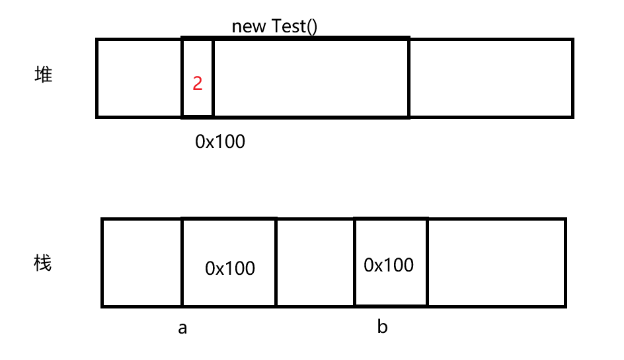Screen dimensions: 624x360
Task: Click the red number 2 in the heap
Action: [198, 84]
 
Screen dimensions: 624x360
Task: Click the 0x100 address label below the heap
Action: [219, 141]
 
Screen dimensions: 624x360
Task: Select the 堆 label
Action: [43, 75]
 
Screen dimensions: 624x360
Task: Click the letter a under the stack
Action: [182, 328]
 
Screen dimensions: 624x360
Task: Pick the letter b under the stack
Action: [382, 326]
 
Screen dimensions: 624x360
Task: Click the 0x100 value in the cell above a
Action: [230, 268]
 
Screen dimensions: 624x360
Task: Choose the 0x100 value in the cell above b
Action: [389, 265]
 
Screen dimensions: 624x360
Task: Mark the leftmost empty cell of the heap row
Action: [139, 78]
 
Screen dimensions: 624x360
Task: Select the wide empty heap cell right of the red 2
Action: [311, 78]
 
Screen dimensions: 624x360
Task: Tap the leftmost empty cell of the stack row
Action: [141, 262]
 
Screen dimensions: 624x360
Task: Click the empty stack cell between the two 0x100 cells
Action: [315, 262]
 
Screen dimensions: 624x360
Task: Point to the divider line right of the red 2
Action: [213, 78]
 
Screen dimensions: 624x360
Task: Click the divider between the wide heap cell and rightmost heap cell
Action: [409, 78]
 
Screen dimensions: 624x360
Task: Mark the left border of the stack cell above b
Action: [355, 262]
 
